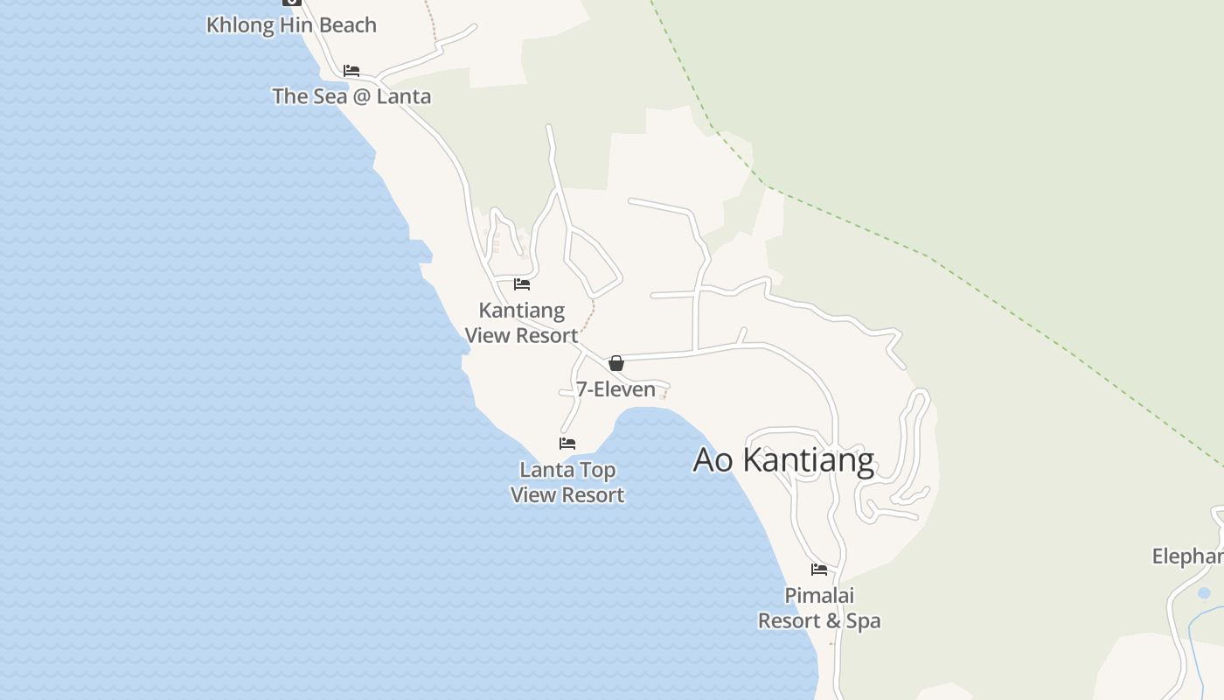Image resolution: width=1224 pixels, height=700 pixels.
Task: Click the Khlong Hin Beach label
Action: point(291,25)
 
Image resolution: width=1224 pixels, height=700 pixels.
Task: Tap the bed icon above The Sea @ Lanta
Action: point(351,71)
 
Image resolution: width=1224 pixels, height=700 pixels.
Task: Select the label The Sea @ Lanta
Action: point(351,96)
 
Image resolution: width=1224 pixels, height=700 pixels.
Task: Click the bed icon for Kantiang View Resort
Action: point(522,284)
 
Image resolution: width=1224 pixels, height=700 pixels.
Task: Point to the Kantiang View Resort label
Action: point(522,323)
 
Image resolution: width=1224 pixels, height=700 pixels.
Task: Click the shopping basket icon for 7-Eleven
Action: point(616,363)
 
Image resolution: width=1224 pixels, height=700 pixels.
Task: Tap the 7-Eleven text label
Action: point(615,389)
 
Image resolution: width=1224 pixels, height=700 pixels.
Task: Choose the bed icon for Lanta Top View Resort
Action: point(567,444)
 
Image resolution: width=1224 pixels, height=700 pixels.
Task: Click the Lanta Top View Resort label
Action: point(567,482)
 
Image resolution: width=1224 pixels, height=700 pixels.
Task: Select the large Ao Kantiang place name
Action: point(783,460)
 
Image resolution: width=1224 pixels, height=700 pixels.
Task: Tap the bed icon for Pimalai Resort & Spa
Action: point(819,570)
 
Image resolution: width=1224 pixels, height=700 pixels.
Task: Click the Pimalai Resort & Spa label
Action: point(819,608)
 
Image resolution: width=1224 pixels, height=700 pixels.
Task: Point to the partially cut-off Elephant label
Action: point(1188,556)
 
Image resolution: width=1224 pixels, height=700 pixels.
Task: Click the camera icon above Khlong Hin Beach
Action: point(292,2)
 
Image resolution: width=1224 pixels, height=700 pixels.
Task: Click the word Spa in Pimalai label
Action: point(863,621)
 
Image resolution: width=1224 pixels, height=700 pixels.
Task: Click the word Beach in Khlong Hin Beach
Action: point(348,25)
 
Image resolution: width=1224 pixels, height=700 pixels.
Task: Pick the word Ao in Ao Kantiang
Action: point(713,460)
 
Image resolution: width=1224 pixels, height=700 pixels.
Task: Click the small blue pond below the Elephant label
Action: point(1204,593)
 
